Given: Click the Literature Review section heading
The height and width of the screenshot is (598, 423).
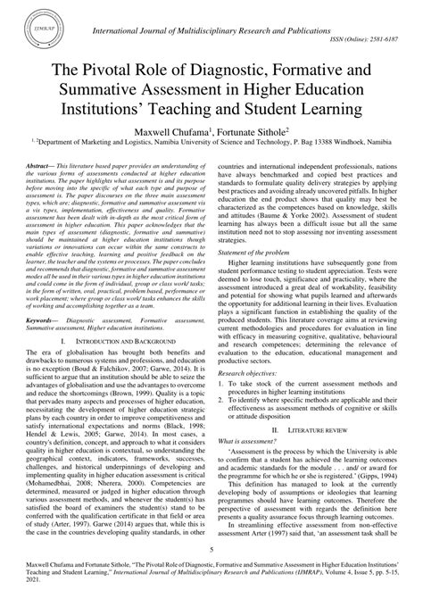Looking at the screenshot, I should point(318,428).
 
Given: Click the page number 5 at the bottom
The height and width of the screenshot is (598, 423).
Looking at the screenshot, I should point(211,551).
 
